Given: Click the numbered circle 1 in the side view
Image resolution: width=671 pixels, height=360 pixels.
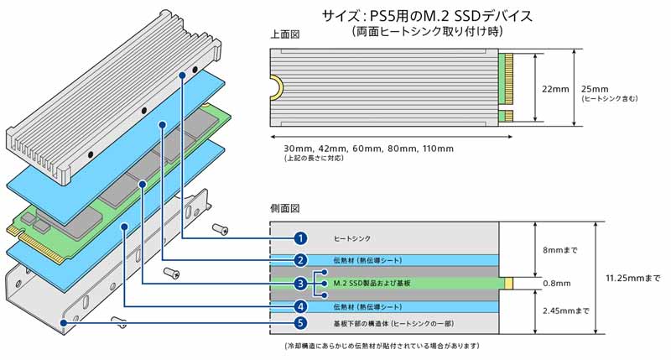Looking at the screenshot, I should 299,238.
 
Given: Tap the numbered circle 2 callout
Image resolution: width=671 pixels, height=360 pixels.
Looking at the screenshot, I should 299,260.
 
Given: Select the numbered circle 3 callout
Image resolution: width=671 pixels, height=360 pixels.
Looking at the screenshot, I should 299,284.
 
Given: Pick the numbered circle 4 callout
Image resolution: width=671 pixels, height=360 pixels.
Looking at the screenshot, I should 299,306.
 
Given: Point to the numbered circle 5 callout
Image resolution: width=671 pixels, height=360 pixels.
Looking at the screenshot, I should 299,323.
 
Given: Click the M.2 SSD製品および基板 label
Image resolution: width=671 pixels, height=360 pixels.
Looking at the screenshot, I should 372,284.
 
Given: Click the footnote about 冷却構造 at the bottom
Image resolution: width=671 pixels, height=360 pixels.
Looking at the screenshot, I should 382,347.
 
